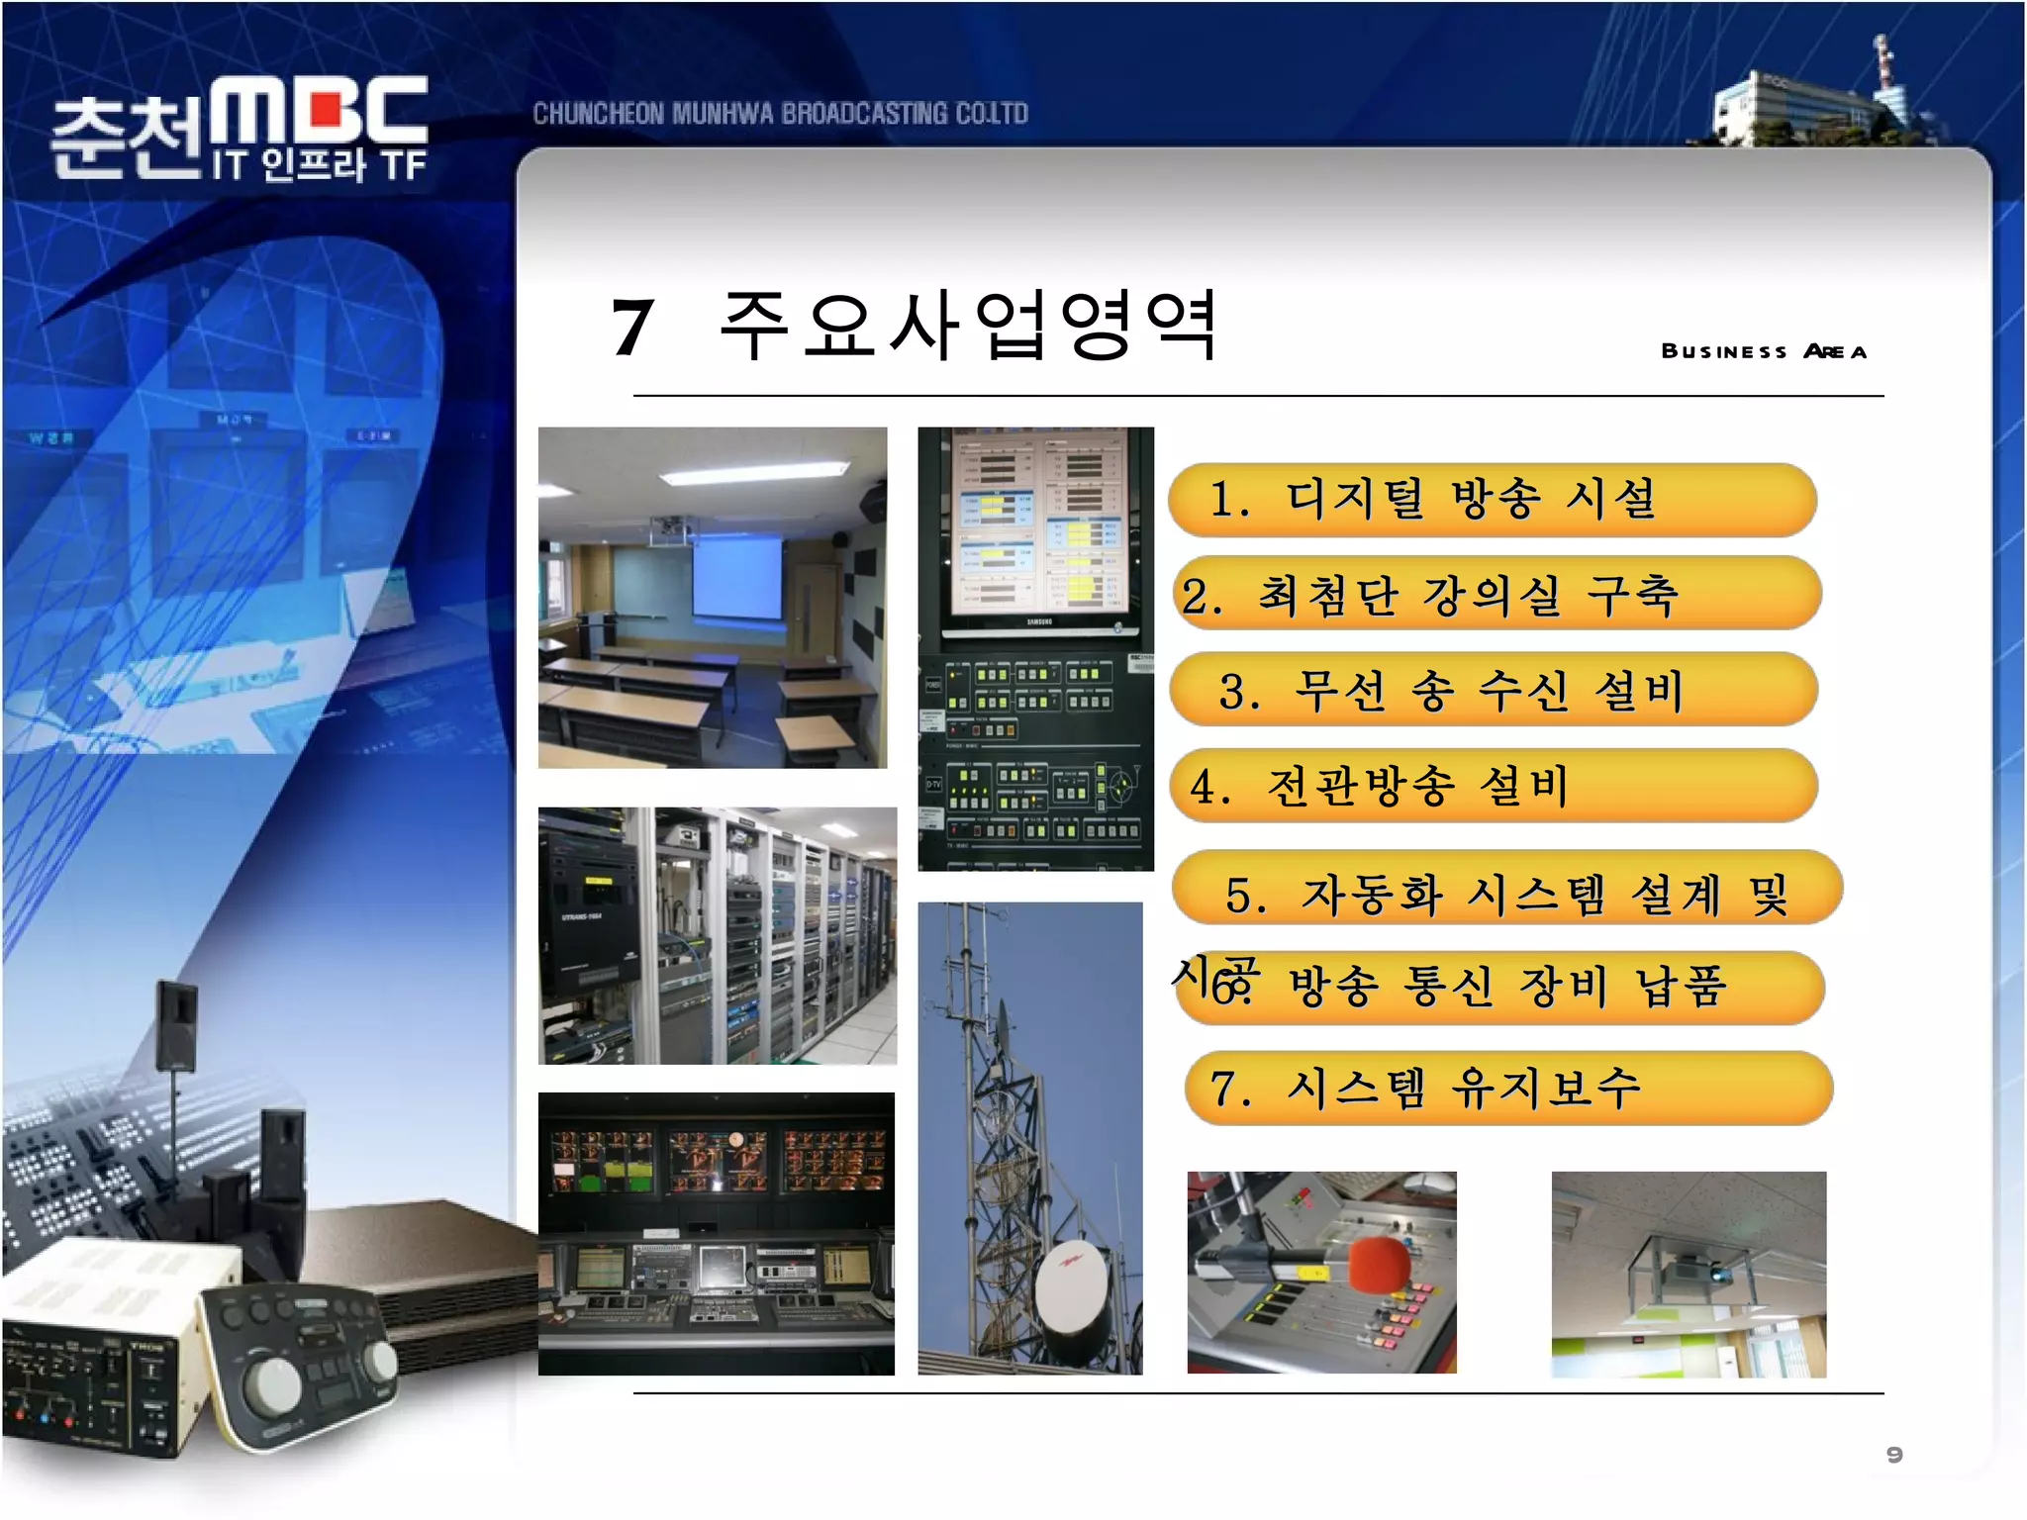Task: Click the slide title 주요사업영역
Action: pos(967,326)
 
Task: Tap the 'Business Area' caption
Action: pos(1763,351)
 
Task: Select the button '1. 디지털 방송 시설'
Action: pos(1492,499)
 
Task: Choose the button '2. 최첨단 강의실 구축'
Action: pos(1496,594)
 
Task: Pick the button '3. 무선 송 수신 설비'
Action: pos(1494,690)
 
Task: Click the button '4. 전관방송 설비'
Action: pos(1494,786)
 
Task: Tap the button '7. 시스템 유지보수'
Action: pos(1507,1088)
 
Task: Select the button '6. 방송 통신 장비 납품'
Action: pos(1499,987)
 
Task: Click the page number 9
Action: pos(1894,1454)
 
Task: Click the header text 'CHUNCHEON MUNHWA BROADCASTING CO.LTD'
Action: pos(780,114)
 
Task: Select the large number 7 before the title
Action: pos(631,328)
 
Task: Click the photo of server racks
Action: pos(717,935)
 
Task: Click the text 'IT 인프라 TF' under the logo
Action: pos(319,165)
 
